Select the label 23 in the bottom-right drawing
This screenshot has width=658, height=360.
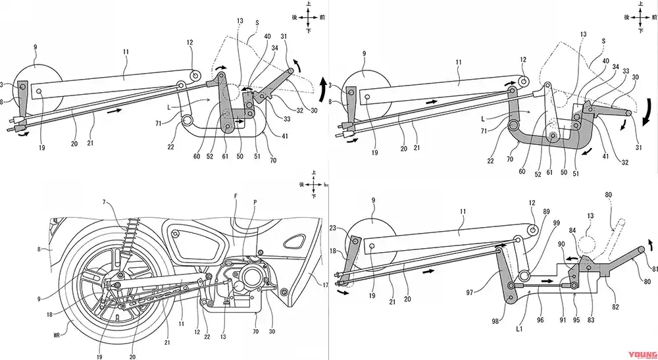(x=334, y=228)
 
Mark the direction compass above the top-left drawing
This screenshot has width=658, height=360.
(x=305, y=20)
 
